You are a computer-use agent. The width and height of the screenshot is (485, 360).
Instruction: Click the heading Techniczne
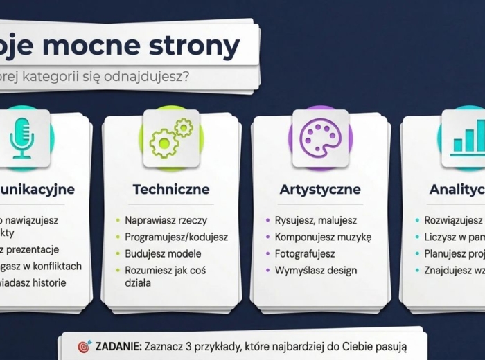170,189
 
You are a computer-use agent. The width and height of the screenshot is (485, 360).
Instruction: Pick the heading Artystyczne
319,189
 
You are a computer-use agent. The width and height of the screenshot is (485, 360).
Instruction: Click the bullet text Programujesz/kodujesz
176,237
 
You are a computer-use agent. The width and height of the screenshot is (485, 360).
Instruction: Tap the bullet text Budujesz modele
163,253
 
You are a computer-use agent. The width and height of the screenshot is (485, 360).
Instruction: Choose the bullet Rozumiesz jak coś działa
165,276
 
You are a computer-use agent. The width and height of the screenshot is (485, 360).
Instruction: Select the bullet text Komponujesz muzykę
323,237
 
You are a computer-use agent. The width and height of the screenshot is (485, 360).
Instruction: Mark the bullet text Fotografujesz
305,253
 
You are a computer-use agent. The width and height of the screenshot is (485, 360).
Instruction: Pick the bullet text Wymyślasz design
316,270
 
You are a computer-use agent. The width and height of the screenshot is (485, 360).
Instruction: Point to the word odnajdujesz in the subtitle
140,75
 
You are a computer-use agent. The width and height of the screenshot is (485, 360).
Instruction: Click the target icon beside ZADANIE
84,346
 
